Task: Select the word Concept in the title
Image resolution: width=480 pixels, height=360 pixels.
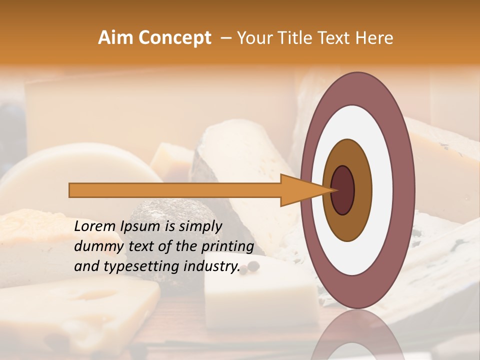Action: click(174, 38)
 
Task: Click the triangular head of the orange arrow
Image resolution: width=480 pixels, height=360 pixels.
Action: click(300, 190)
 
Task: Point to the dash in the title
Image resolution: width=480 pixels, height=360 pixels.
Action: click(225, 38)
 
